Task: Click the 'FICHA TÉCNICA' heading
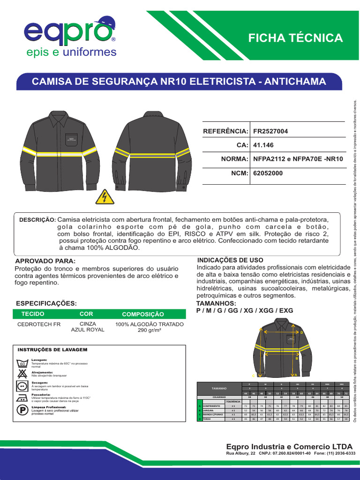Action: [295, 38]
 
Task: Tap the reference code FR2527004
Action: [270, 131]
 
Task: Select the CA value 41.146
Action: [262, 145]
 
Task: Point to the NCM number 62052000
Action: [268, 173]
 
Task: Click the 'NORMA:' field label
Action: [234, 159]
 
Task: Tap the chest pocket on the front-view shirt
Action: [72, 140]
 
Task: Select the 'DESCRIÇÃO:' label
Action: [37, 220]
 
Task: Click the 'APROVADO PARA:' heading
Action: [45, 261]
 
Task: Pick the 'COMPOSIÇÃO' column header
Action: [143, 314]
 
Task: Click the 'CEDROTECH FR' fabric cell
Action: [39, 324]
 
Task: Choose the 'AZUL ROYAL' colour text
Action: [88, 330]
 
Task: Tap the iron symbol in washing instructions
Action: [22, 397]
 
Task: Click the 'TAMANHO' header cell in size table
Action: [219, 388]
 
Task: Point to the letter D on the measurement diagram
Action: [302, 332]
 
